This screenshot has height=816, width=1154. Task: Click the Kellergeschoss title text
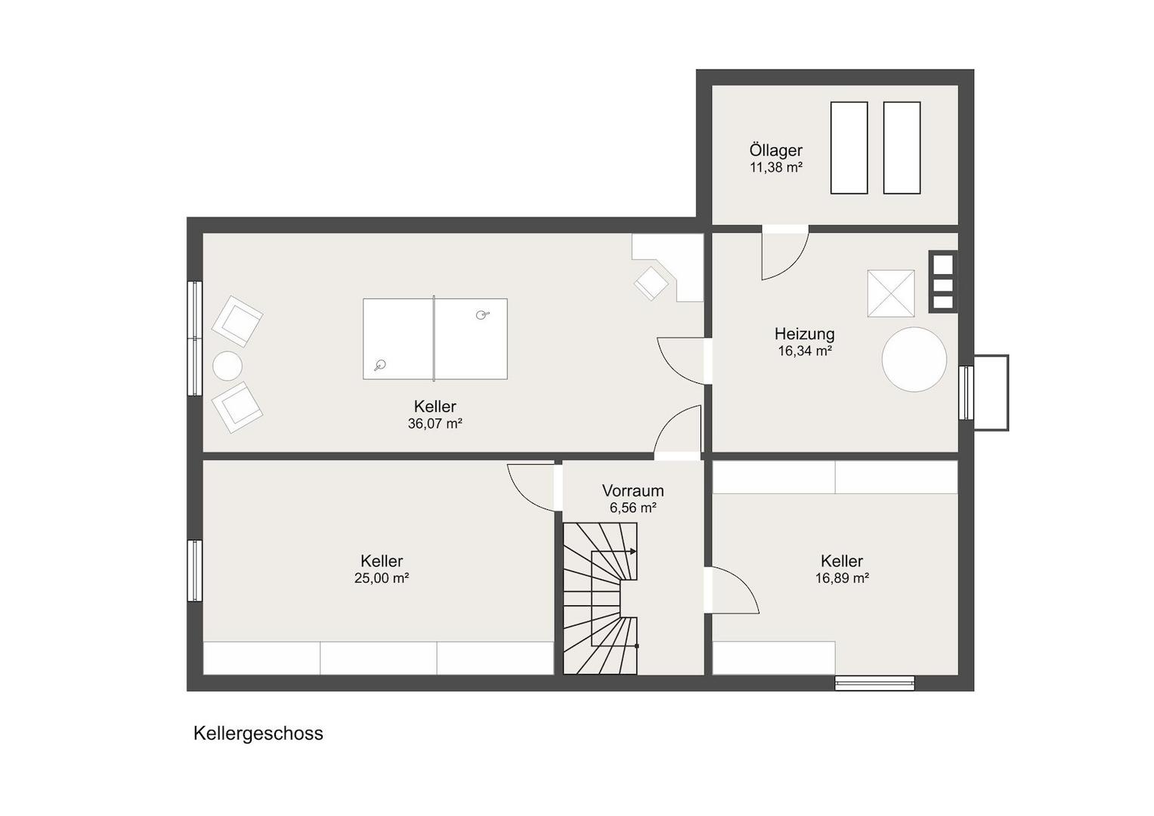pyautogui.click(x=258, y=734)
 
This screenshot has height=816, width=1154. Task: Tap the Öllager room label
pyautogui.click(x=776, y=150)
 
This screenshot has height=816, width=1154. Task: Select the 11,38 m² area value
pyautogui.click(x=776, y=168)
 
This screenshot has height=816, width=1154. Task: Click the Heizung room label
pyautogui.click(x=804, y=334)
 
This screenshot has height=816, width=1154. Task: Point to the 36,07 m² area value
pyautogui.click(x=435, y=424)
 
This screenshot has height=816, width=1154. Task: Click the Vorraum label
pyautogui.click(x=633, y=490)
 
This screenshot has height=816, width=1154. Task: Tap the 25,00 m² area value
pyautogui.click(x=381, y=578)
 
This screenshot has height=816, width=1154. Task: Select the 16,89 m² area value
pyautogui.click(x=842, y=578)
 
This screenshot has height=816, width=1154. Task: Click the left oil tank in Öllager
pyautogui.click(x=849, y=148)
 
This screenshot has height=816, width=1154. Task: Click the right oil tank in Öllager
pyautogui.click(x=902, y=148)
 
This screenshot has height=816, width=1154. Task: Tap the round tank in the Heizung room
pyautogui.click(x=914, y=360)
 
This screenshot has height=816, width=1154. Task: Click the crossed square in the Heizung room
pyautogui.click(x=891, y=294)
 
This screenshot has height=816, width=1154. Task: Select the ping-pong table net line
pyautogui.click(x=434, y=338)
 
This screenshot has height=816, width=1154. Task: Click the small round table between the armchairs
pyautogui.click(x=227, y=366)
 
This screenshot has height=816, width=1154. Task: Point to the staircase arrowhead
pyautogui.click(x=633, y=552)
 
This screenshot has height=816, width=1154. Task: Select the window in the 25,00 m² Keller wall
pyautogui.click(x=195, y=570)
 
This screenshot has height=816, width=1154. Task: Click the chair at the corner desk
pyautogui.click(x=651, y=283)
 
